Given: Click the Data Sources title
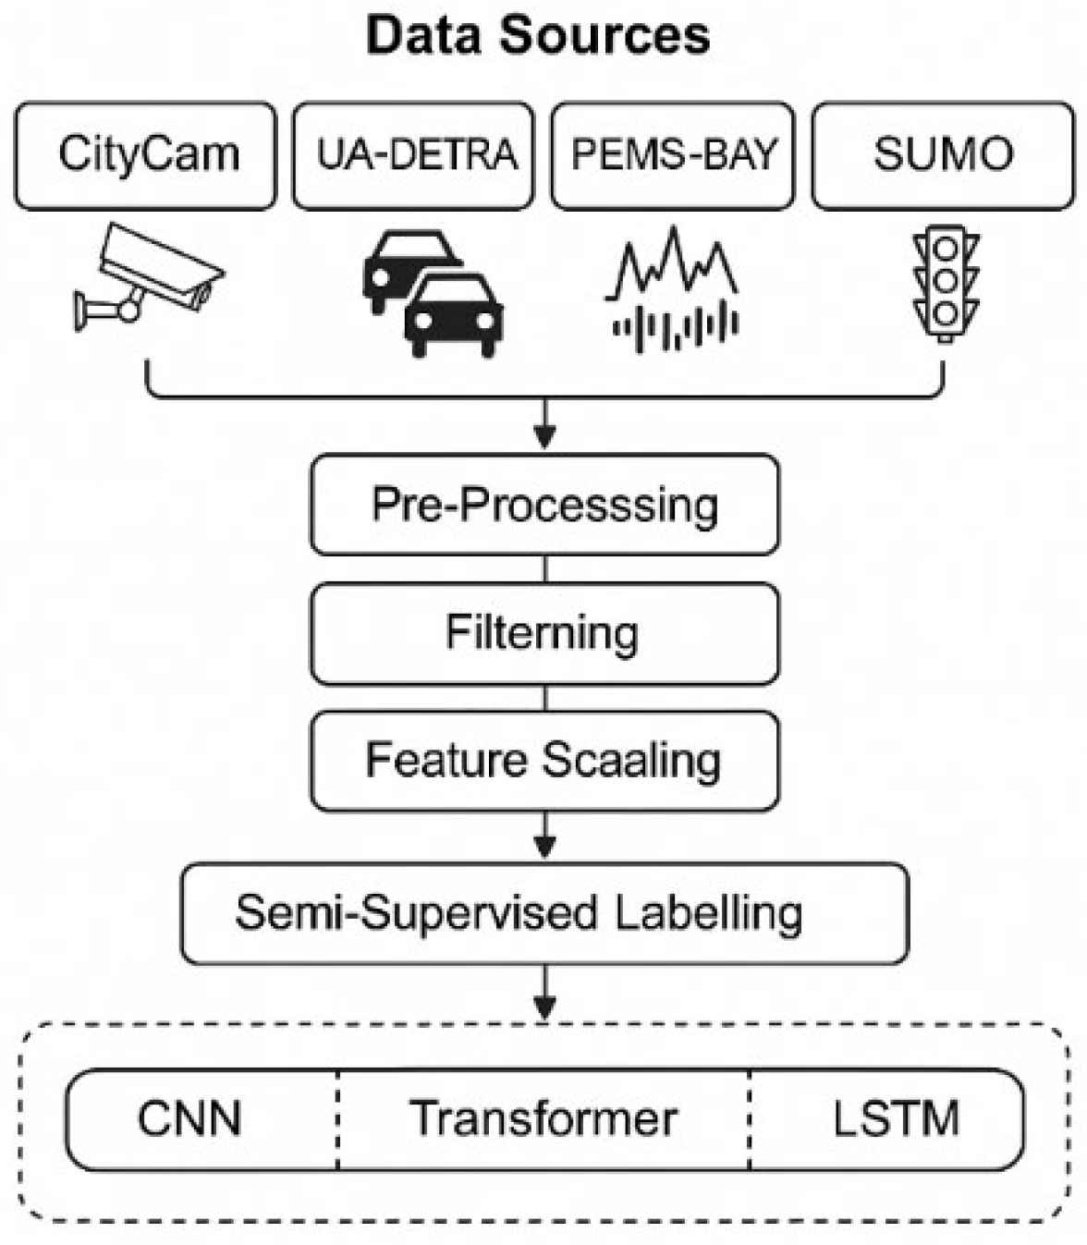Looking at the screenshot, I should (538, 35).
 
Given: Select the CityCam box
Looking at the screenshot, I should (145, 155).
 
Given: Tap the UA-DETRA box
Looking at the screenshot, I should (413, 155).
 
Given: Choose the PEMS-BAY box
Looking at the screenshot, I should (672, 155).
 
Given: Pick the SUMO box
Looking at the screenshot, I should (943, 155).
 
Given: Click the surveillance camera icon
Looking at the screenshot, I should (148, 277).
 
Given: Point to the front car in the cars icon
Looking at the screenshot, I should (454, 314).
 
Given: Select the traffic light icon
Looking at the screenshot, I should (945, 284).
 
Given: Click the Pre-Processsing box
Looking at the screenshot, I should (544, 505).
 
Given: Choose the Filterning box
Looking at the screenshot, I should (544, 633).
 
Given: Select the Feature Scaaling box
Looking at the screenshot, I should (544, 761).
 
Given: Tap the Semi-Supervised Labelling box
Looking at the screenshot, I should (544, 913).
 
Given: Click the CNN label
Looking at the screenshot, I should (189, 1118).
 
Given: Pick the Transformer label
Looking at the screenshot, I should (543, 1118).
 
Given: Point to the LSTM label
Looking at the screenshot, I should (895, 1118).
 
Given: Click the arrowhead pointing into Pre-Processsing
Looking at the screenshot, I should (545, 436).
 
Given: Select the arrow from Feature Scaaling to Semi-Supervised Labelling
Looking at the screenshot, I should (545, 836).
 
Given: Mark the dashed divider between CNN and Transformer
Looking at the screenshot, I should (338, 1119).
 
